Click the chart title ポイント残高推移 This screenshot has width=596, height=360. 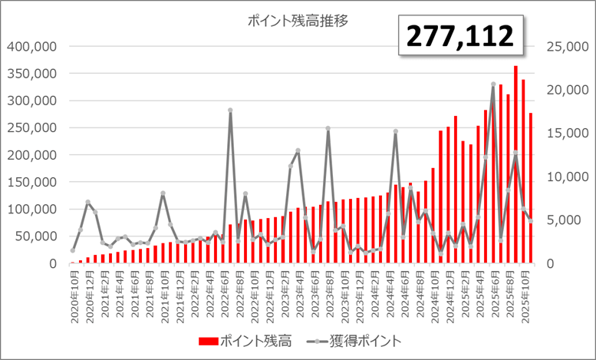tap(298, 21)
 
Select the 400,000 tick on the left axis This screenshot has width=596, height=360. tap(33, 46)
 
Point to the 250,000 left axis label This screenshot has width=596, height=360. tap(33, 127)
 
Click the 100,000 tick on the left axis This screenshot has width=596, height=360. tap(33, 209)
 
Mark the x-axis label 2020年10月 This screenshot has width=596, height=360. tap(74, 296)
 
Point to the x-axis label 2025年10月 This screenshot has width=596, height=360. tap(530, 296)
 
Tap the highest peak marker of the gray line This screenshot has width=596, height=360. tap(493, 84)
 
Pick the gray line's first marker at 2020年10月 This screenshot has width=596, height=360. tap(73, 250)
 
